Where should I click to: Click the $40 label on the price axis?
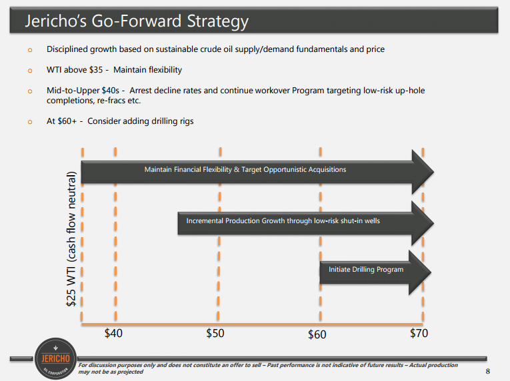pos(113,333)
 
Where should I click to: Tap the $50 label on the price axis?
pos(215,333)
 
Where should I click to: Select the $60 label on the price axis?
pos(317,334)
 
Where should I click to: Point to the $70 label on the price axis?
pos(419,333)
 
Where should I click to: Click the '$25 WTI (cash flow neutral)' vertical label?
pos(71,238)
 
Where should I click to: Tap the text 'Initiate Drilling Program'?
pos(366,270)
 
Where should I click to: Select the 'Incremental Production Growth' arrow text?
pos(283,220)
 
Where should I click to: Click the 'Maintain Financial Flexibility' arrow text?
pos(245,169)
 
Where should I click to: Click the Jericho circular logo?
pos(55,358)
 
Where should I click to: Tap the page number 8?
pos(487,371)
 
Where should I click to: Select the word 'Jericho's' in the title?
pos(56,21)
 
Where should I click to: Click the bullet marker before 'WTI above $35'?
pos(30,71)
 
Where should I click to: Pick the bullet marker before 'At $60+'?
pos(30,122)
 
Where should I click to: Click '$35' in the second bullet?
pos(96,70)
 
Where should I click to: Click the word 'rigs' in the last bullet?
pos(187,121)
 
